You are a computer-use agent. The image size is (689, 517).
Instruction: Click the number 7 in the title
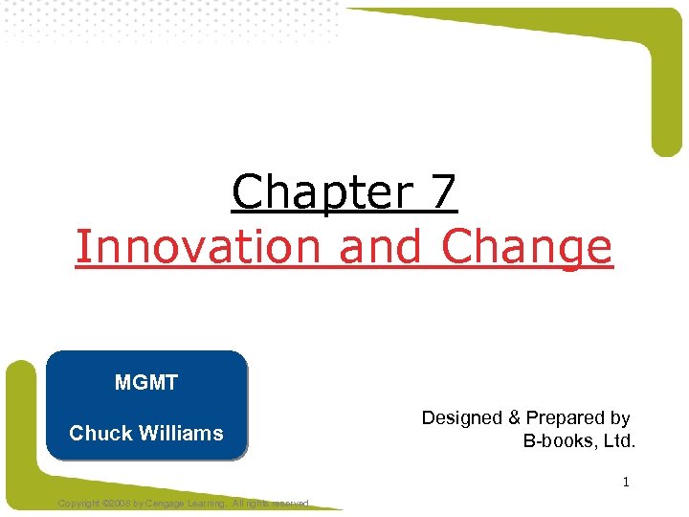tap(443, 192)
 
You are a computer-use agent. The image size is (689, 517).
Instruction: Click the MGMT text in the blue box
tap(146, 384)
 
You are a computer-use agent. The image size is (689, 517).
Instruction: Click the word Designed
tap(461, 417)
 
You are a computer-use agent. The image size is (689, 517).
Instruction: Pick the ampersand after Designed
tap(514, 417)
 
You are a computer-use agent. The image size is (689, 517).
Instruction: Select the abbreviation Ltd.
tap(619, 441)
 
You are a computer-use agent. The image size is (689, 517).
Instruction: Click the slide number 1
tap(626, 483)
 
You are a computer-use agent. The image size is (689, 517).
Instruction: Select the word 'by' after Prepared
tap(619, 417)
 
